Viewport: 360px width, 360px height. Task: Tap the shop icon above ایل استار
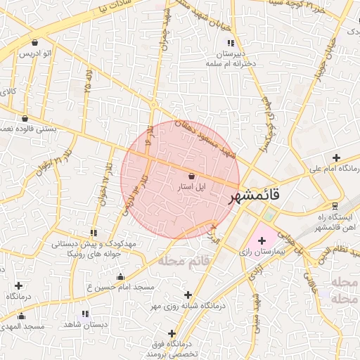point(192,177)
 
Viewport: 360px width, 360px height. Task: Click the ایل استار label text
point(191,188)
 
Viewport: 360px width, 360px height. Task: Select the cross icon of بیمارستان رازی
point(262,240)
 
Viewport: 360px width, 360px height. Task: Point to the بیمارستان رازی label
point(259,251)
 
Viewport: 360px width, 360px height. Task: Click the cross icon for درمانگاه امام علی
point(336,158)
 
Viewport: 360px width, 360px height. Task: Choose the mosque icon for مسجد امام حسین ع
point(120,277)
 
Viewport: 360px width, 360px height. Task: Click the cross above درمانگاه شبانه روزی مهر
point(187,295)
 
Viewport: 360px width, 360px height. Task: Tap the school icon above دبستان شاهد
point(86,314)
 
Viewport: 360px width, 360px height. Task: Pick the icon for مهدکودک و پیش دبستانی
point(94,233)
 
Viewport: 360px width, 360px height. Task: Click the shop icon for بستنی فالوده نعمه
point(25,119)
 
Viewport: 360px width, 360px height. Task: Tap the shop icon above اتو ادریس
point(35,42)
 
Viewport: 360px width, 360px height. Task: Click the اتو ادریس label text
point(35,53)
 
